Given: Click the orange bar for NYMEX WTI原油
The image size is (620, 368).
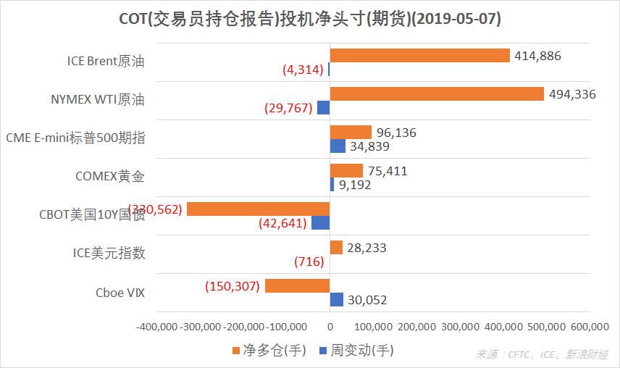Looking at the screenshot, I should click(x=437, y=93).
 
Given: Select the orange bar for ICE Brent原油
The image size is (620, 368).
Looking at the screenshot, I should click(x=420, y=56).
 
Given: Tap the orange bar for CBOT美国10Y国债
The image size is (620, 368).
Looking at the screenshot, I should click(x=259, y=209).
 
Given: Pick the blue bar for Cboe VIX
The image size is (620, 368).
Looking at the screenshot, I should click(x=337, y=300).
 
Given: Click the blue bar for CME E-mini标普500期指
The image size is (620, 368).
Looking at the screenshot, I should click(x=338, y=146).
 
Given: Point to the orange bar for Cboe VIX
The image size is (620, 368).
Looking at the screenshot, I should click(x=298, y=286).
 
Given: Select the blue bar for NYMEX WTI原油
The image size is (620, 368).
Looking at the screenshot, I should click(x=324, y=107).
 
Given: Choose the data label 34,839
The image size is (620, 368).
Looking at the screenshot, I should click(x=369, y=146).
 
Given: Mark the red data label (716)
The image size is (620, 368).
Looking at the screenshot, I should click(x=309, y=262).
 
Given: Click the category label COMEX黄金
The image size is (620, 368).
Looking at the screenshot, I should click(x=110, y=176).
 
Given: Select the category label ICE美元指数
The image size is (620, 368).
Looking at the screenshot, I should click(x=109, y=253).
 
